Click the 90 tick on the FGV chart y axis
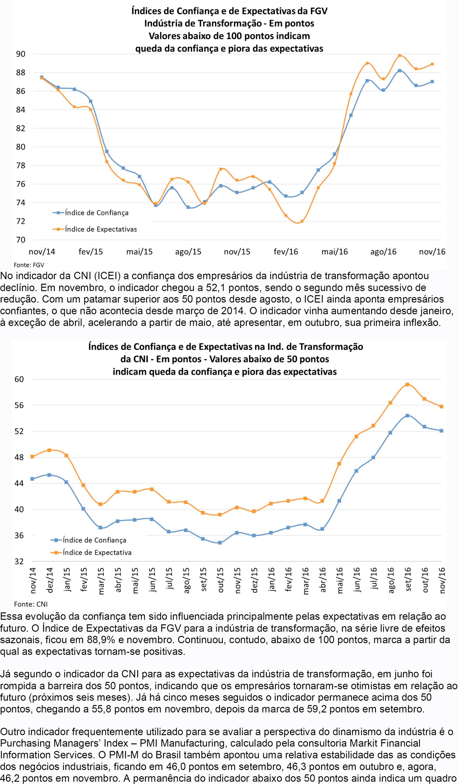(x=21, y=54)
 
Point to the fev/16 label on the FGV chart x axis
(x=286, y=252)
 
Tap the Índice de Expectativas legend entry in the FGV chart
(x=95, y=229)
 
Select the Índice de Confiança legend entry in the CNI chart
(x=88, y=540)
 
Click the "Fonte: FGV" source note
(x=29, y=265)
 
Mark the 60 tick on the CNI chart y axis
(x=19, y=379)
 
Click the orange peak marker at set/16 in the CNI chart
(x=407, y=384)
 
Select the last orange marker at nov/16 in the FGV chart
(x=432, y=64)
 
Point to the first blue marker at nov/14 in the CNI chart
(x=32, y=479)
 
